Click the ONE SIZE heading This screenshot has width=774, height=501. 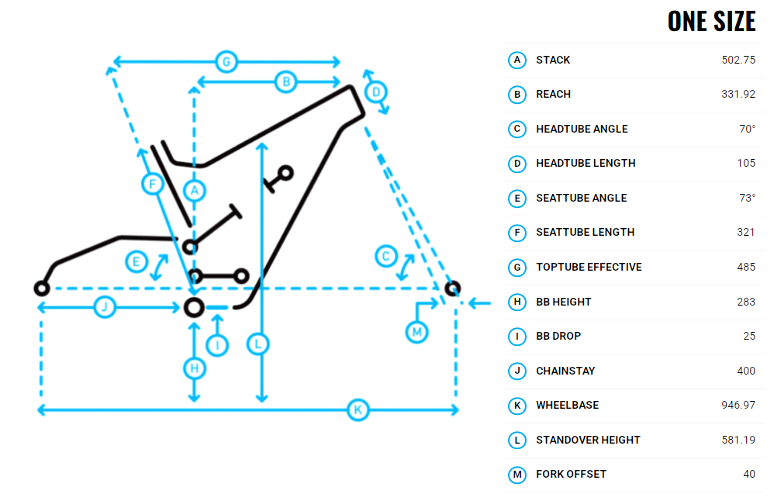[x=711, y=21]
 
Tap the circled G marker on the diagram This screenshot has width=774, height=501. [x=226, y=61]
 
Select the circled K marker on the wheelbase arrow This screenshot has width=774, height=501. [x=358, y=410]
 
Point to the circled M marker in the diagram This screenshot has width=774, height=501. [x=417, y=332]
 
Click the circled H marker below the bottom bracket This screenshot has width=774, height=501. [x=195, y=368]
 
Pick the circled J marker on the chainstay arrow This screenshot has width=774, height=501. [x=105, y=308]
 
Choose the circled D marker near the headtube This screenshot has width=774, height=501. [x=376, y=92]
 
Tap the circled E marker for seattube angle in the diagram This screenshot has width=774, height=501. [x=136, y=262]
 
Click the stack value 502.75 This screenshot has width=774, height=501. [x=738, y=60]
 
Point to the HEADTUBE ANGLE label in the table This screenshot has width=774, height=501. [x=582, y=129]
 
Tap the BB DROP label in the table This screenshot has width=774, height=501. [x=558, y=336]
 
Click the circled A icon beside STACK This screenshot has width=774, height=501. [x=517, y=60]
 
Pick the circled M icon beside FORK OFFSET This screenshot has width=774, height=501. [x=517, y=474]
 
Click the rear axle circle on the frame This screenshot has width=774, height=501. [x=42, y=289]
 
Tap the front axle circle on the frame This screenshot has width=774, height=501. [x=452, y=289]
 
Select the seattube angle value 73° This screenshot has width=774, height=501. [x=747, y=198]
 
